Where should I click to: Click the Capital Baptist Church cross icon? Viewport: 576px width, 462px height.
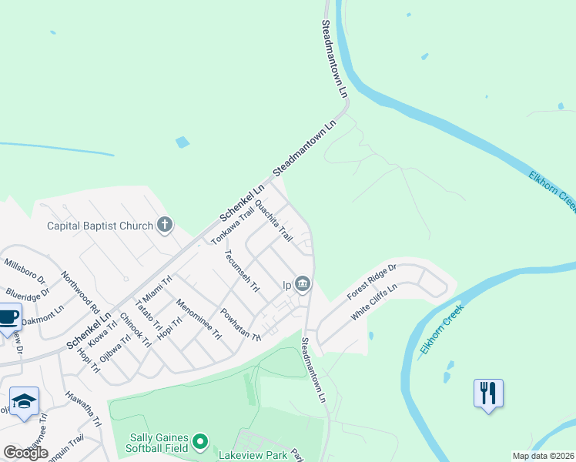pos(164,226)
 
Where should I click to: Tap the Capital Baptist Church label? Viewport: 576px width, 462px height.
pos(99,226)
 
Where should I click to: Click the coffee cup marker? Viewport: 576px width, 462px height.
pos(8,318)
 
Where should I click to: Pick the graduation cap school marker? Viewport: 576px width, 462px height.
pos(25,401)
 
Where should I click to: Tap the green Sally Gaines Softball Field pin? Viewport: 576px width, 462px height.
pos(200,441)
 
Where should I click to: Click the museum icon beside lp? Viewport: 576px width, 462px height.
pos(303,285)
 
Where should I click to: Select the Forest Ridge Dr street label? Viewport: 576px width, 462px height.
pos(371,283)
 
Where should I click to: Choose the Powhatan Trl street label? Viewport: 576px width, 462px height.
pos(241,325)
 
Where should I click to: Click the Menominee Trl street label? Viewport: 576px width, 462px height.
pos(199,320)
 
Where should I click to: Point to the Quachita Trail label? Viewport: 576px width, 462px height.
pos(273,220)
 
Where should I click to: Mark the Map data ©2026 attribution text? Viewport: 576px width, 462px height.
pos(543,456)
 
